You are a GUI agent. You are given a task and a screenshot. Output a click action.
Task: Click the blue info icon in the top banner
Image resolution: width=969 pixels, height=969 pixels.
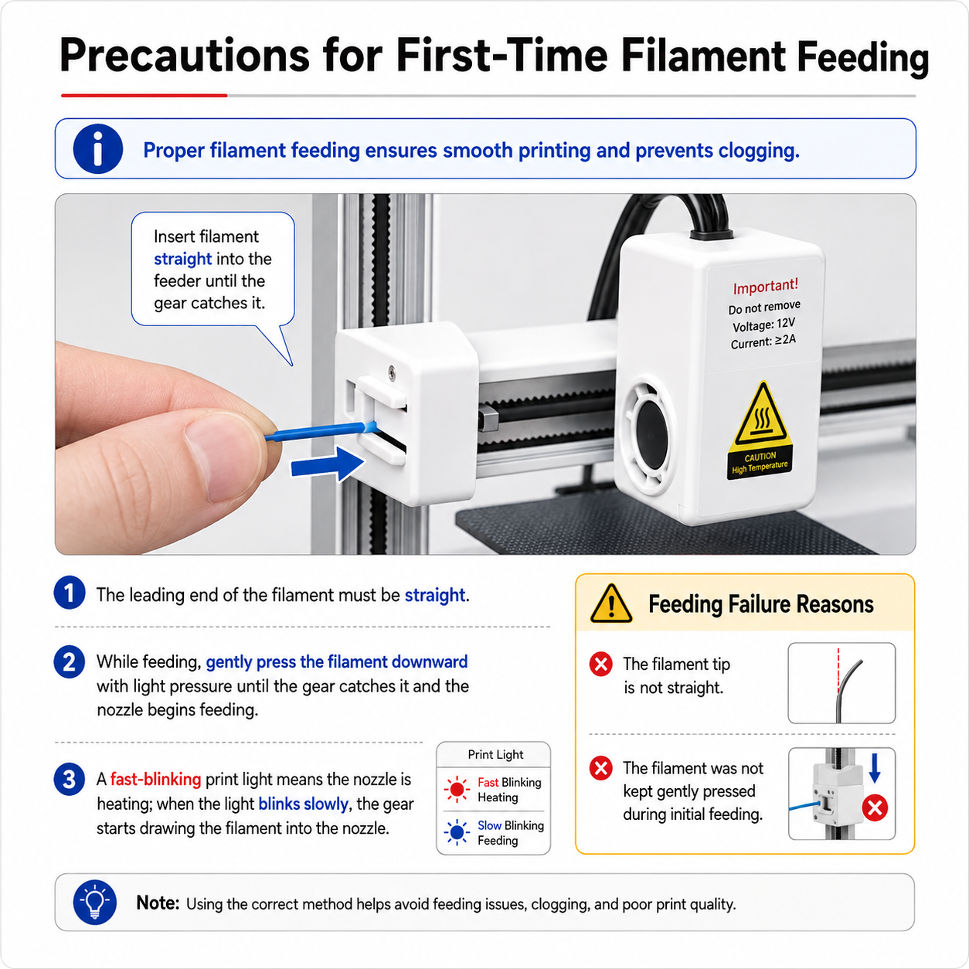pyautogui.click(x=98, y=149)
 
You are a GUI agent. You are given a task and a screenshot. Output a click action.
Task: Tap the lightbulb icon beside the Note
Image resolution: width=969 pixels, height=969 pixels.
pyautogui.click(x=94, y=902)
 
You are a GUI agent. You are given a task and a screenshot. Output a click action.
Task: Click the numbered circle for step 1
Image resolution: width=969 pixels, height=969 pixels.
pyautogui.click(x=70, y=593)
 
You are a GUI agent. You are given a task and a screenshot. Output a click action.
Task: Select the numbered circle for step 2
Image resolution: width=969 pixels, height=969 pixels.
pyautogui.click(x=70, y=661)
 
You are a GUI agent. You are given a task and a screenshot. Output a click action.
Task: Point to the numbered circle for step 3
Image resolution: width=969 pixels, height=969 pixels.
pyautogui.click(x=70, y=780)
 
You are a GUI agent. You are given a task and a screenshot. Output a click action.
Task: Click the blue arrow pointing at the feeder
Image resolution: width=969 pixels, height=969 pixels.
pyautogui.click(x=328, y=465)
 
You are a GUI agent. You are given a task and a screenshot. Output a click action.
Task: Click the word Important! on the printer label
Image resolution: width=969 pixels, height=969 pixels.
pyautogui.click(x=765, y=286)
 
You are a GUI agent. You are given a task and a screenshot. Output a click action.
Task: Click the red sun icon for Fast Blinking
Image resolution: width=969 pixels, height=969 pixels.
pyautogui.click(x=457, y=789)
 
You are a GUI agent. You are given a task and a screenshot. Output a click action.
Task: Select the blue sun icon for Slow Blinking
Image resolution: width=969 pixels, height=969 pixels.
pyautogui.click(x=457, y=832)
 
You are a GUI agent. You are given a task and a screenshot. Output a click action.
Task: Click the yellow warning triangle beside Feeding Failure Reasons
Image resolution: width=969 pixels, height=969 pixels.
pyautogui.click(x=611, y=604)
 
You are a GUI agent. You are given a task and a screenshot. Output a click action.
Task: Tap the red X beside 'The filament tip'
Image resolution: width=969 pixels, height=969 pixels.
pyautogui.click(x=600, y=664)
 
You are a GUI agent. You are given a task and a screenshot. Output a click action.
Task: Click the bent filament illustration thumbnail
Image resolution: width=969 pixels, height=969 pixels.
pyautogui.click(x=841, y=682)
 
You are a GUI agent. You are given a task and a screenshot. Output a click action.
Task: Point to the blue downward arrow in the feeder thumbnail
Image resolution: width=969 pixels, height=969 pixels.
pyautogui.click(x=875, y=768)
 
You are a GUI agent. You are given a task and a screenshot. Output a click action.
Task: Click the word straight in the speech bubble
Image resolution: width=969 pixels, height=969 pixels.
pyautogui.click(x=182, y=258)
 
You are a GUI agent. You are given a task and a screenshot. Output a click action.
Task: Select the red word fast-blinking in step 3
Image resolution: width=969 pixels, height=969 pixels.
pyautogui.click(x=155, y=779)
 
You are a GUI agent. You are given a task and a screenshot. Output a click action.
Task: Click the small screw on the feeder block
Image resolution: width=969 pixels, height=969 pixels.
pyautogui.click(x=392, y=372)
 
